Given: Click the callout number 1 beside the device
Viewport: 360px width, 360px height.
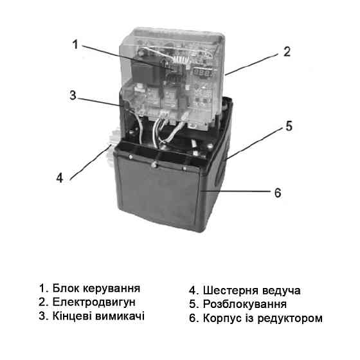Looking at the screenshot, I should tap(76, 45).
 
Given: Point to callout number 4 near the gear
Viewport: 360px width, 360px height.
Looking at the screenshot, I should tap(59, 178).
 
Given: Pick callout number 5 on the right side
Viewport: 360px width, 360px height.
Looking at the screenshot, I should tap(289, 126).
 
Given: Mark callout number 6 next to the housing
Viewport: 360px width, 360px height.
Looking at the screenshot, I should tap(278, 192).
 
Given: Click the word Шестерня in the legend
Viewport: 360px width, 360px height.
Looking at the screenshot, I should tap(231, 291).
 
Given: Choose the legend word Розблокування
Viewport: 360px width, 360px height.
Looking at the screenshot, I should tap(245, 304).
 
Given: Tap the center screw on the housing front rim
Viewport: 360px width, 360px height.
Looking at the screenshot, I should tap(154, 166).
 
